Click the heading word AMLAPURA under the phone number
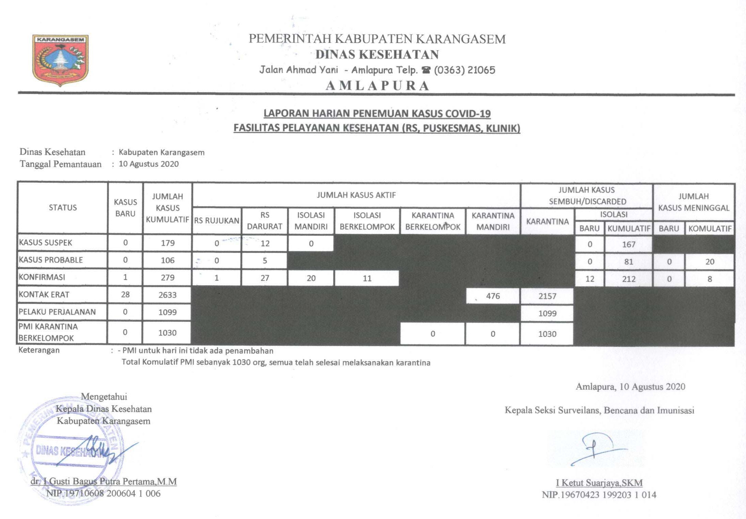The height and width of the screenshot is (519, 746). (x=377, y=86)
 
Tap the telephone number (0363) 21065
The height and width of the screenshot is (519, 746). (x=464, y=70)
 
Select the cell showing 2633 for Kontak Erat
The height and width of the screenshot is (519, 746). (x=167, y=295)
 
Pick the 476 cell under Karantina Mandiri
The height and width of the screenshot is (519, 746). (x=493, y=296)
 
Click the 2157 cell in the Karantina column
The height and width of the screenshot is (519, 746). (x=547, y=296)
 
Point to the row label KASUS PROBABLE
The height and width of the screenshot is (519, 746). (x=51, y=260)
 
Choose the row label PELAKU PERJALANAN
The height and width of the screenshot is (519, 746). (x=57, y=312)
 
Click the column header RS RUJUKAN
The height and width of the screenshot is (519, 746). (x=217, y=221)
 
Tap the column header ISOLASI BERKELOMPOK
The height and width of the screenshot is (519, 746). (x=367, y=221)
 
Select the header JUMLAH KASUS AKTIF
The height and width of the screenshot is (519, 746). (x=356, y=195)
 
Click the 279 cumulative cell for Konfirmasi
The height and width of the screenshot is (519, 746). (x=168, y=278)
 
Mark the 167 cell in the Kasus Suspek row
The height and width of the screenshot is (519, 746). (x=628, y=244)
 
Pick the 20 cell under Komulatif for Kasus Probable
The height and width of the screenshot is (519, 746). (x=709, y=262)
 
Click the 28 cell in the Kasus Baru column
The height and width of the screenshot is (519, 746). (x=125, y=295)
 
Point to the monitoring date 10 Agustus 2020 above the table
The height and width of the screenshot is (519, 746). (x=149, y=164)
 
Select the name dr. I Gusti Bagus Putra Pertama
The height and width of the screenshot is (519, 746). (x=104, y=482)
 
